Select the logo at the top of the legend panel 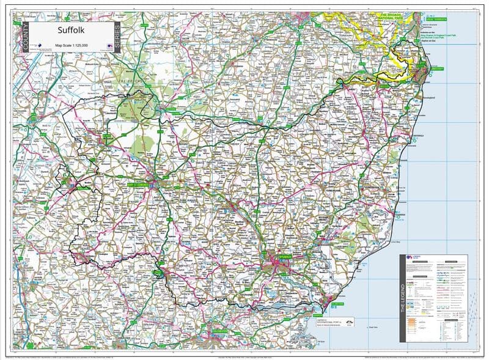[x=411, y=259]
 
